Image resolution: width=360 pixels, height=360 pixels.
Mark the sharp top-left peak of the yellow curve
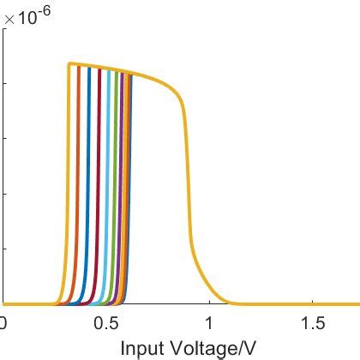tap(69, 63)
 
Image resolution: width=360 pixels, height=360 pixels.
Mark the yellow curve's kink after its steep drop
tap(192, 249)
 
